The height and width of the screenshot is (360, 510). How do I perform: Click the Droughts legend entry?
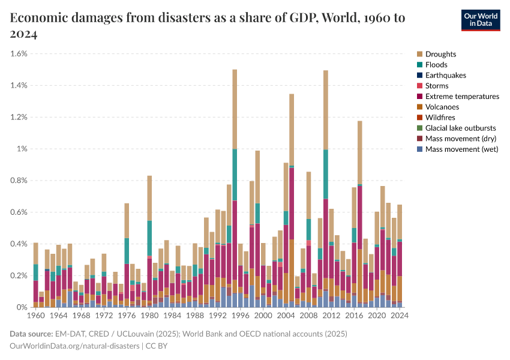point(440,54)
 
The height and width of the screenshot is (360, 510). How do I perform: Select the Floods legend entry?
point(436,65)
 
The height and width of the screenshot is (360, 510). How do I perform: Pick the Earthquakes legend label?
point(445,76)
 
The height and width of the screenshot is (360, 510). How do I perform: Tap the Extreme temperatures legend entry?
point(462,97)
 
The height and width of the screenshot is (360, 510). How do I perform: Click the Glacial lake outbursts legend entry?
point(460,128)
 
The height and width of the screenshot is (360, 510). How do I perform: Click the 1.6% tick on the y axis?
point(19,53)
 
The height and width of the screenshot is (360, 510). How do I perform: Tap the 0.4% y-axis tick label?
point(19,244)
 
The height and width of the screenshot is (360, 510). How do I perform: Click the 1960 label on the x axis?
point(36,314)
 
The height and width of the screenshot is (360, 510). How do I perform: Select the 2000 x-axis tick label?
point(263,314)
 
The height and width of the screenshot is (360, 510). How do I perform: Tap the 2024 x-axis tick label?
point(400,314)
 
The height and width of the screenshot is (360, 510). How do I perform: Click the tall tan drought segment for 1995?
point(235,109)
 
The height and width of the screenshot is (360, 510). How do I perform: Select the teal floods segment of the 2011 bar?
point(326,174)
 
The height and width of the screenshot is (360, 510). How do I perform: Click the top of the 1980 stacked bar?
point(149,176)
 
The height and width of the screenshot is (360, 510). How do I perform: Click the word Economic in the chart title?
point(40,18)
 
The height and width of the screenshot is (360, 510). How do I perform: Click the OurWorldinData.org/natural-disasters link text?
point(74,346)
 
